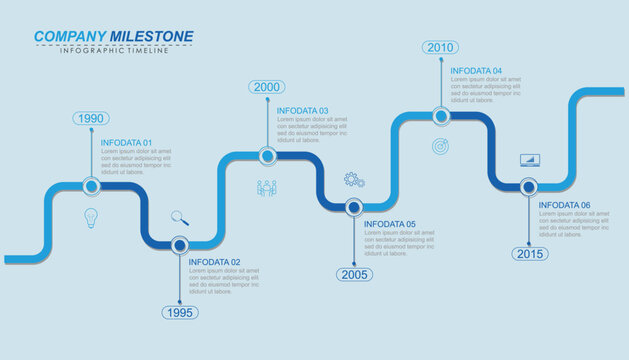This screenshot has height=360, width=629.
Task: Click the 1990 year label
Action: click(x=90, y=118)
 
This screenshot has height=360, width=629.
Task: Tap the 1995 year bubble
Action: click(x=179, y=312)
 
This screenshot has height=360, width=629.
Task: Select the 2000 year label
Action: click(x=267, y=87)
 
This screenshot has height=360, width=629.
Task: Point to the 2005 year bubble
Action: click(x=353, y=274)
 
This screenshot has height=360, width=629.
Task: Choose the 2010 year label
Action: click(x=440, y=47)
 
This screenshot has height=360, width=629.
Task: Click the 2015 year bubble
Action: click(x=530, y=253)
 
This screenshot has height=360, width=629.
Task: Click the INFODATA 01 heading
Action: click(x=127, y=142)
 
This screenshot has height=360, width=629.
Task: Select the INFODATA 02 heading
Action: click(x=215, y=262)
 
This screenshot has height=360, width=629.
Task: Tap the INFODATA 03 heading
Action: click(x=303, y=111)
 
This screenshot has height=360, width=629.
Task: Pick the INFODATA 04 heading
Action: click(x=476, y=71)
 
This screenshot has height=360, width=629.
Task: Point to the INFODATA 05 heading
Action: click(x=390, y=224)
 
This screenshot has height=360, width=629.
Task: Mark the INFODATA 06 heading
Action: click(x=565, y=205)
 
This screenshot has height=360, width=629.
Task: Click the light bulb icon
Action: click(x=90, y=216)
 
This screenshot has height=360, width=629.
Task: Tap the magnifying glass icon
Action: click(x=179, y=216)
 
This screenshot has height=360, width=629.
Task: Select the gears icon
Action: click(x=354, y=180)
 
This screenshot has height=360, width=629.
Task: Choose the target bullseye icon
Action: click(x=440, y=147)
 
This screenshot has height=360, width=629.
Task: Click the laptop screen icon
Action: click(x=529, y=159)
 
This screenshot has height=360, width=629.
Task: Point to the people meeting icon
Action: click(x=267, y=187)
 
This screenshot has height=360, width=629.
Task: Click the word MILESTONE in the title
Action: click(x=151, y=36)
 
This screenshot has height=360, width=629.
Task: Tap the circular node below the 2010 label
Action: click(x=441, y=116)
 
